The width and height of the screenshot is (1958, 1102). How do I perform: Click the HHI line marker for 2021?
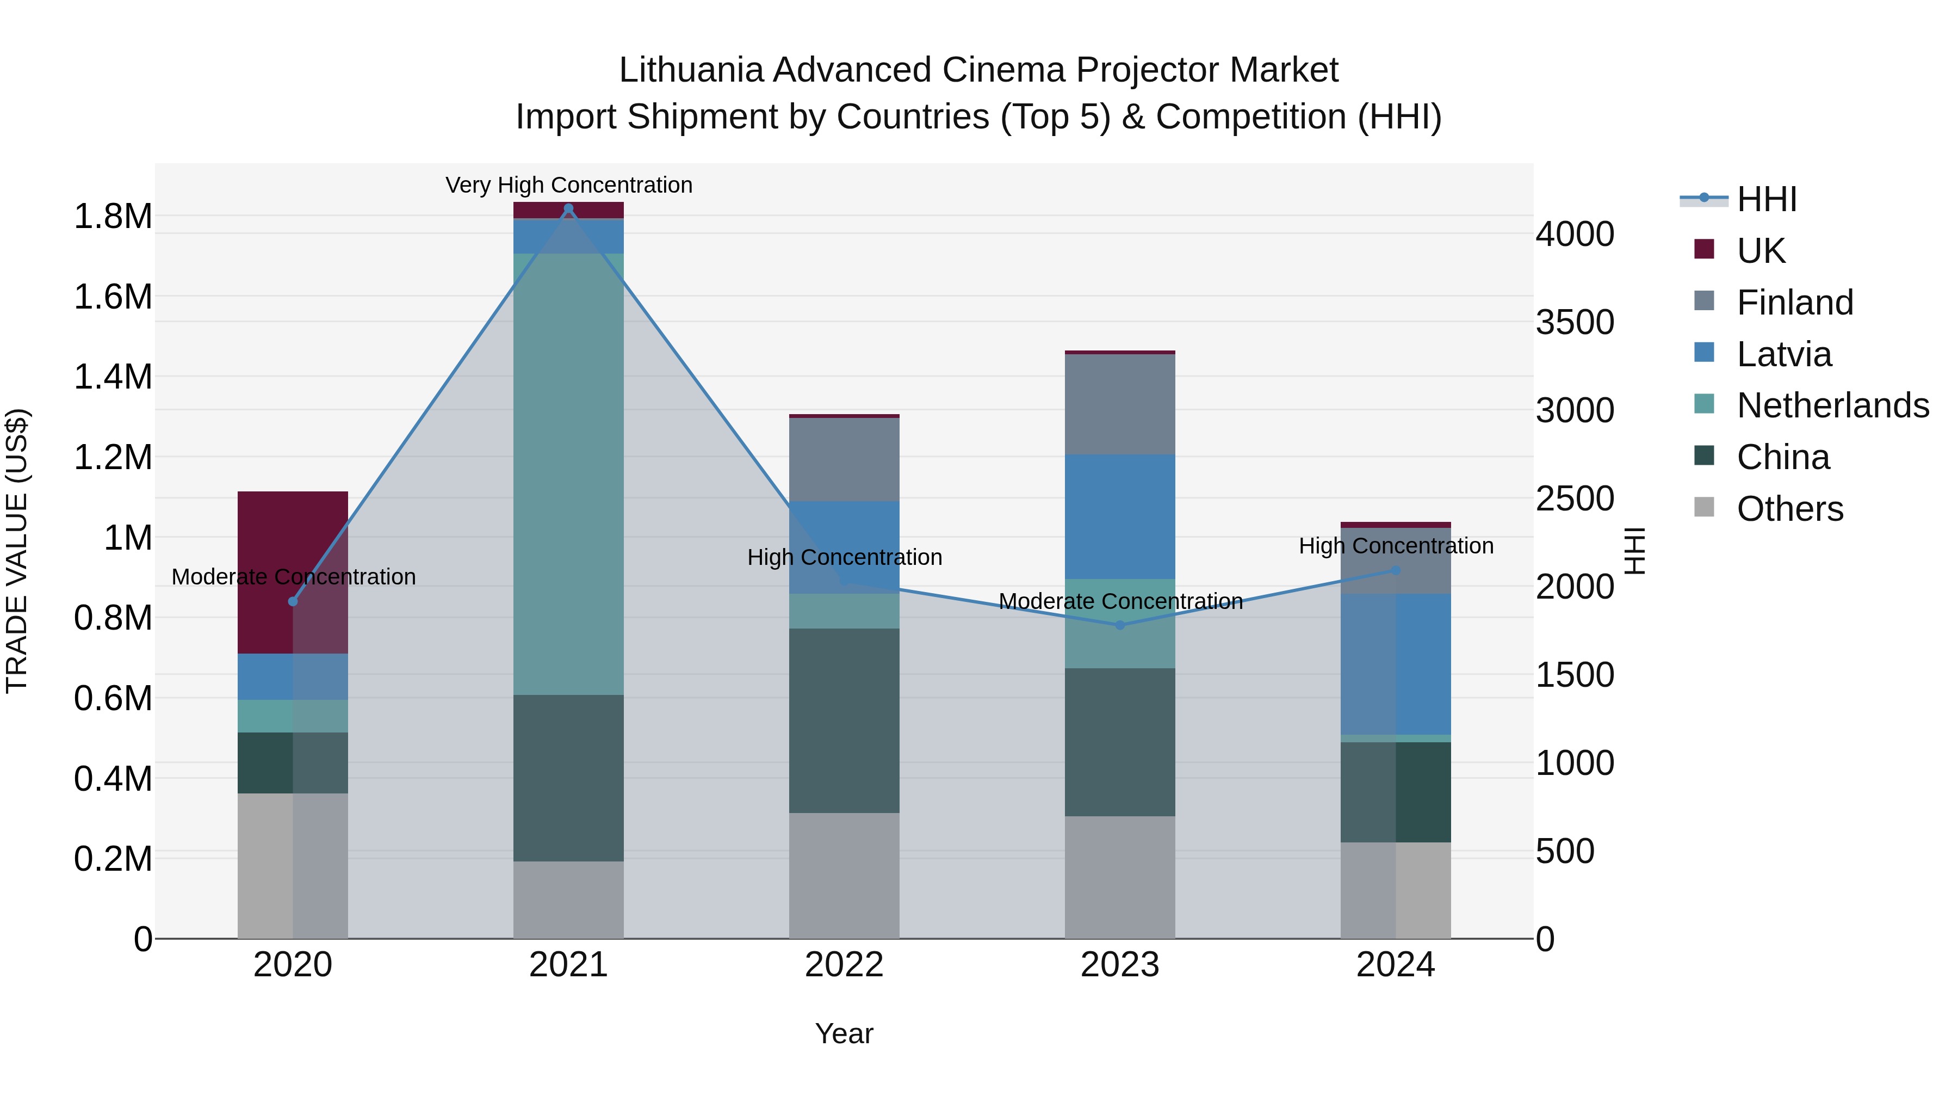[x=568, y=208]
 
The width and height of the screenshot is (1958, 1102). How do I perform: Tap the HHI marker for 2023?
[x=1120, y=625]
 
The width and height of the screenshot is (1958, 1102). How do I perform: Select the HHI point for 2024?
[x=1396, y=570]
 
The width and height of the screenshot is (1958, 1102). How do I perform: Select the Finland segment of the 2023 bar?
[x=1120, y=404]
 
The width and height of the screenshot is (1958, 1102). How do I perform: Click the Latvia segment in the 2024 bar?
[x=1396, y=664]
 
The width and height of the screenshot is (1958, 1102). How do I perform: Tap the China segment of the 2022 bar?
[x=844, y=720]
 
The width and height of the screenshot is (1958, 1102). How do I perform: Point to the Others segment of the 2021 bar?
[x=568, y=900]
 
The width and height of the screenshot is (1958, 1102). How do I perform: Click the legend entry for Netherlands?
[x=1832, y=405]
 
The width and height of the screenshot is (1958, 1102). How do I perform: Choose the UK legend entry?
[x=1761, y=250]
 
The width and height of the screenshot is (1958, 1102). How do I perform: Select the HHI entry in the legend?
[x=1767, y=199]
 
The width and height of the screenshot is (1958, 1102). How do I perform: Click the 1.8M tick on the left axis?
[x=113, y=217]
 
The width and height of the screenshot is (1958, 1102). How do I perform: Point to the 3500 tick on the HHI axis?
[x=1575, y=323]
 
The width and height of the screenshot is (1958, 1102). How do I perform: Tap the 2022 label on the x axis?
[x=844, y=965]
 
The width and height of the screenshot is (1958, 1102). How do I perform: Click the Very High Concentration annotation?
[x=568, y=185]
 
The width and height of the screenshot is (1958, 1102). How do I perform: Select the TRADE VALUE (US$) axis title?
[x=17, y=551]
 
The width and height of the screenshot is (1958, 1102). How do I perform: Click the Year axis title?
[x=844, y=1033]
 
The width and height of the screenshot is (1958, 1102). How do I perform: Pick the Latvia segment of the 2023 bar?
[x=1120, y=516]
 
